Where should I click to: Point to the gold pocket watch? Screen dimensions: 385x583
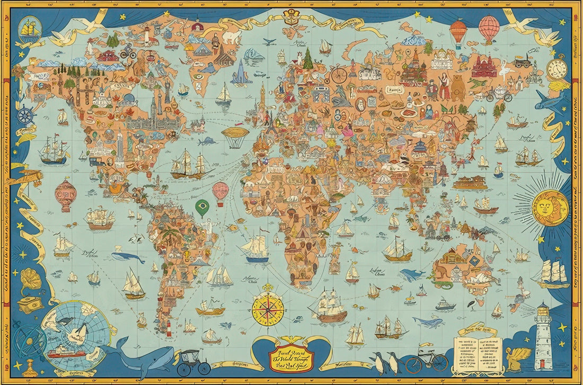(x=556, y=69)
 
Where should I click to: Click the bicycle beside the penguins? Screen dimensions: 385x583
(x=427, y=361)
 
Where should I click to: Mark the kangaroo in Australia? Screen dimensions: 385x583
(x=441, y=273)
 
